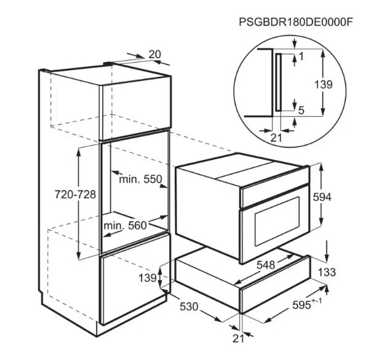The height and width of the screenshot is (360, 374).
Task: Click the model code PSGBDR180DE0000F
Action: (296, 22)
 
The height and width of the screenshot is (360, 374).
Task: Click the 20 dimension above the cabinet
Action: (155, 55)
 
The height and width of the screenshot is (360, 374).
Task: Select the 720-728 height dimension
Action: (76, 194)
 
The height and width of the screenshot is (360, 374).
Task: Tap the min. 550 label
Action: (140, 179)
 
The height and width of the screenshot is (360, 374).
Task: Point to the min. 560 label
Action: (125, 225)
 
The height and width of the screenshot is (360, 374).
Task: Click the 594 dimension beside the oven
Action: (322, 197)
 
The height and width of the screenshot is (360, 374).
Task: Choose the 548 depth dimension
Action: (266, 265)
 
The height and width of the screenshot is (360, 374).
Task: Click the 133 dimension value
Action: (327, 272)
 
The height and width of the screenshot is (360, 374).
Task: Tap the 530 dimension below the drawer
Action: (189, 307)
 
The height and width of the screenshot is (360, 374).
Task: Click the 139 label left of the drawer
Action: (148, 278)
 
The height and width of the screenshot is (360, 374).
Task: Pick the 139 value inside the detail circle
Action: (324, 85)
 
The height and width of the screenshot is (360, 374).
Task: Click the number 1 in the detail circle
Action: (301, 57)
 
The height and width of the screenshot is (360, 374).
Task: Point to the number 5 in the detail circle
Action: (301, 111)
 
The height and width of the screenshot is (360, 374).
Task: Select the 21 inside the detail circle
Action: (276, 138)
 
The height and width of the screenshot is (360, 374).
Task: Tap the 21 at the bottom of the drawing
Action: (238, 338)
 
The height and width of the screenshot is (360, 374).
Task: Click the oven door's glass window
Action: (277, 221)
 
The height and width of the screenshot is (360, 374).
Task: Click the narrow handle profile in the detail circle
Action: (279, 82)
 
